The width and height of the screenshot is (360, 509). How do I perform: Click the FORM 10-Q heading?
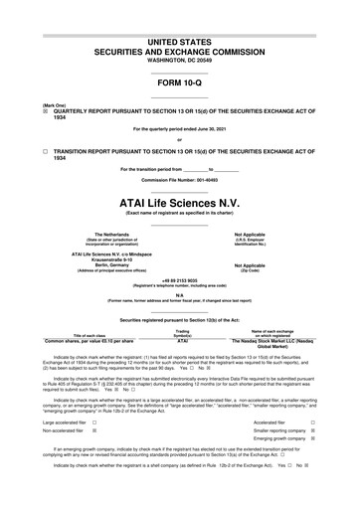(x=179, y=81)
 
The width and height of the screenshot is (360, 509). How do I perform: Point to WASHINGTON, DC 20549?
(x=179, y=58)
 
